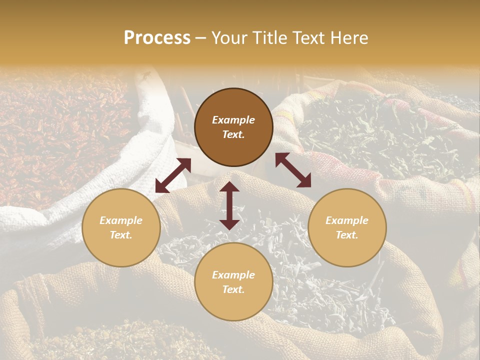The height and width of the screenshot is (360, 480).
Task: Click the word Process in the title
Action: tap(157, 38)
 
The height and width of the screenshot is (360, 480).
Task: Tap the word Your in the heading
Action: tap(229, 38)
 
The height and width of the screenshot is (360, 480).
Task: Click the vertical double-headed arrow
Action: tap(229, 206)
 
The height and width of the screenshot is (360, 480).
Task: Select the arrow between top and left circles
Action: tap(173, 175)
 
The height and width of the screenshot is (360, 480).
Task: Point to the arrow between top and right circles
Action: tap(293, 170)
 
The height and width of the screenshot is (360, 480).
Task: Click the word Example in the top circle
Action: tap(233, 120)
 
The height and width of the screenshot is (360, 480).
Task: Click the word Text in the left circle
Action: tap(121, 235)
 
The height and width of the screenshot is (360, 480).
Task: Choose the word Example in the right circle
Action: tap(347, 220)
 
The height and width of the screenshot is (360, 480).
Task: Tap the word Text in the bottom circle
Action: tap(233, 289)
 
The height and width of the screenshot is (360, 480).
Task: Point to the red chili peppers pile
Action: tap(55, 135)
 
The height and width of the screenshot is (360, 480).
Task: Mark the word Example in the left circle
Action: tap(121, 220)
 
